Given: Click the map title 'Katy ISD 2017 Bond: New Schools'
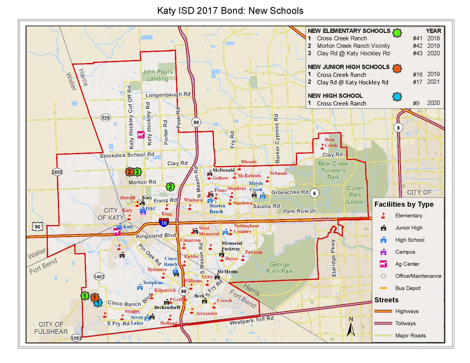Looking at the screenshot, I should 230,10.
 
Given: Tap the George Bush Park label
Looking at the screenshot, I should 279,268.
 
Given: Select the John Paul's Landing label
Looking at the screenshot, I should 157,75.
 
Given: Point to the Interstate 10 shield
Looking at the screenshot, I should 164,223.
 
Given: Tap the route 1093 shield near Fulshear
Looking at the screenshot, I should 76,338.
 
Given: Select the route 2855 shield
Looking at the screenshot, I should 58,172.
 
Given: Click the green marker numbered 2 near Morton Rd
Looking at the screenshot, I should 170,187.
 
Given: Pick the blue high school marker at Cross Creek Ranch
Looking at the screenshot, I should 99,302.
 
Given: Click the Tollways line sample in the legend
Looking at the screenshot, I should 383,323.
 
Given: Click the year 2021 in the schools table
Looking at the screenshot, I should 434,82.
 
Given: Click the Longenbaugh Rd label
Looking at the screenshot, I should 167,95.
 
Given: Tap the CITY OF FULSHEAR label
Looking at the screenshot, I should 51,328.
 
